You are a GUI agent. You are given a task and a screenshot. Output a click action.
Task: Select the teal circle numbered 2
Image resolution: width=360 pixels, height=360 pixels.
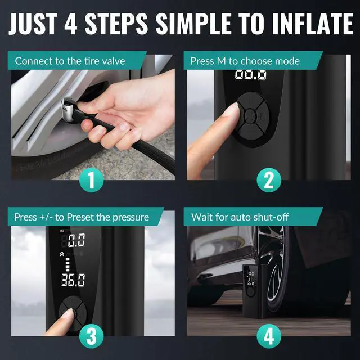click(269, 181)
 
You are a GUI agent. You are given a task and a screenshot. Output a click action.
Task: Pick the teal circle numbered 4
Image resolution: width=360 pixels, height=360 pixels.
click(269, 336)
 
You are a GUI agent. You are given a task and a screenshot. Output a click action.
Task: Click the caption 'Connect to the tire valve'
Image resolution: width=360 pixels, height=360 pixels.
click(70, 61)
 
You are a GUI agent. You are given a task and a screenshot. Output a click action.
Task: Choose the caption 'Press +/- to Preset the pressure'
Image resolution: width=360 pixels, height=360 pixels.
click(82, 217)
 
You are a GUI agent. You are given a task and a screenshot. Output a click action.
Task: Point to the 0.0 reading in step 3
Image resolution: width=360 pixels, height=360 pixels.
click(76, 241)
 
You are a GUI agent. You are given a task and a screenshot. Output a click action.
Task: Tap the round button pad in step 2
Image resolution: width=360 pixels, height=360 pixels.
click(250, 116)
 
